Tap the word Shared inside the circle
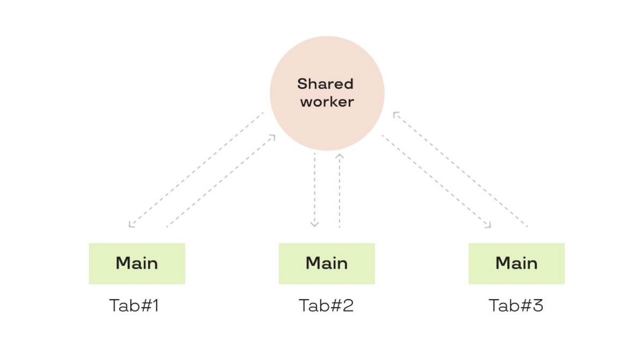[325, 84]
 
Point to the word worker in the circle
[327, 102]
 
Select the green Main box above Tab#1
[137, 263]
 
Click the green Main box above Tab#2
[326, 263]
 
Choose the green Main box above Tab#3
[517, 263]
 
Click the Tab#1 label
[134, 305]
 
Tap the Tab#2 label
[326, 305]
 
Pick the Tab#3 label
[516, 305]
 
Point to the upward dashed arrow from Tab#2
[339, 191]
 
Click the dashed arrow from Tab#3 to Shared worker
[461, 169]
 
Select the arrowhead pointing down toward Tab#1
[131, 225]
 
